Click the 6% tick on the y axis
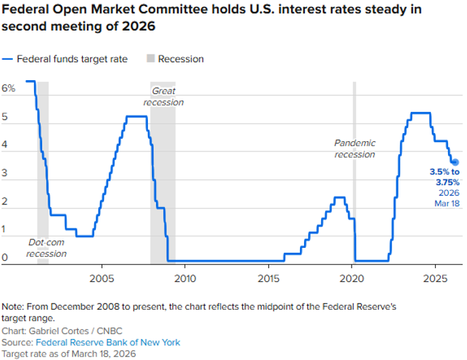pyautogui.click(x=9, y=88)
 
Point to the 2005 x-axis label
pyautogui.click(x=102, y=278)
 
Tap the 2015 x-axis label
pyautogui.click(x=268, y=278)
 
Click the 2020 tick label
pyautogui.click(x=352, y=278)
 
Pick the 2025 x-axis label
pyautogui.click(x=434, y=278)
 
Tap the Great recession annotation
pyautogui.click(x=164, y=96)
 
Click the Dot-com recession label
pyautogui.click(x=47, y=248)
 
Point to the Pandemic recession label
pyautogui.click(x=354, y=149)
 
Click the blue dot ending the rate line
pyautogui.click(x=455, y=162)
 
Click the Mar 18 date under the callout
pyautogui.click(x=447, y=203)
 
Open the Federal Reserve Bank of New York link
pyautogui.click(x=108, y=342)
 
